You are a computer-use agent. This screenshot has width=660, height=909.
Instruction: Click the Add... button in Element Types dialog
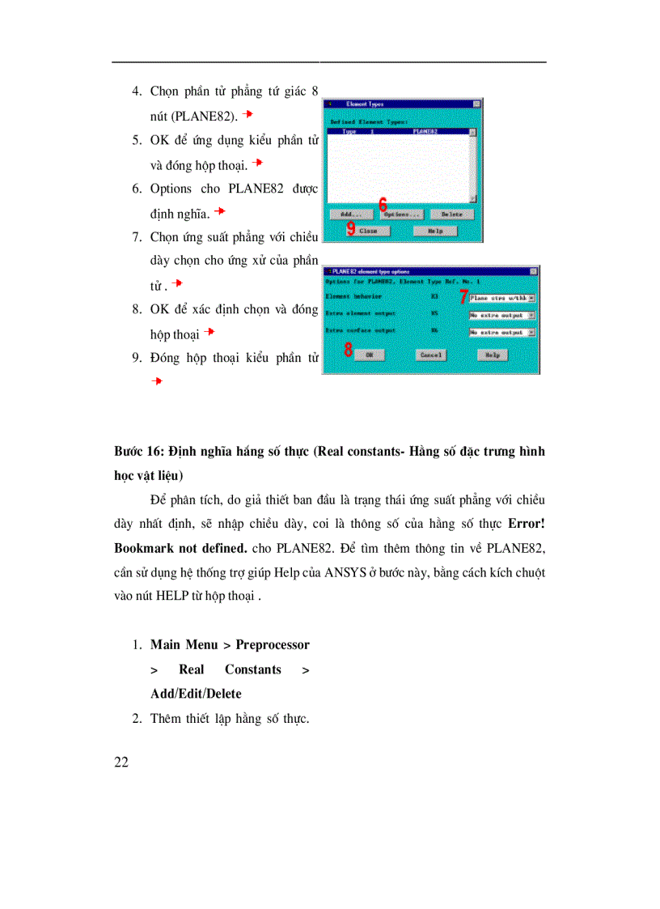coord(351,215)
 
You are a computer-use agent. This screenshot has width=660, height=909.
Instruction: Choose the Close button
coord(370,231)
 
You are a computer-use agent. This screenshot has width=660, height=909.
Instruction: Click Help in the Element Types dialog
coord(435,231)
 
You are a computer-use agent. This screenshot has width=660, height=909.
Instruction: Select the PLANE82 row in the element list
coord(396,131)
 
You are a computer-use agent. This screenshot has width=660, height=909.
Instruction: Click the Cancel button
coord(431,355)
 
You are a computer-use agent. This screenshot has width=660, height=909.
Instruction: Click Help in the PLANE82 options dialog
coord(492,355)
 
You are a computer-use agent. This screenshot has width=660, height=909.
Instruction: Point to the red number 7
coord(463,296)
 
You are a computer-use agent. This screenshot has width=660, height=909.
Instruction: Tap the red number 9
coord(351,229)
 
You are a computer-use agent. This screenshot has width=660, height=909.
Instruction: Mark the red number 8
coord(348,351)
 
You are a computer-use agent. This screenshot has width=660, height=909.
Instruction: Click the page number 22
coord(122,762)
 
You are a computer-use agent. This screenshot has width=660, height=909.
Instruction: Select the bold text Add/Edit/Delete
coord(196,694)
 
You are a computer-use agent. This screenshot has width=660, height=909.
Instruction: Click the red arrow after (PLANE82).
coord(248,115)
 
